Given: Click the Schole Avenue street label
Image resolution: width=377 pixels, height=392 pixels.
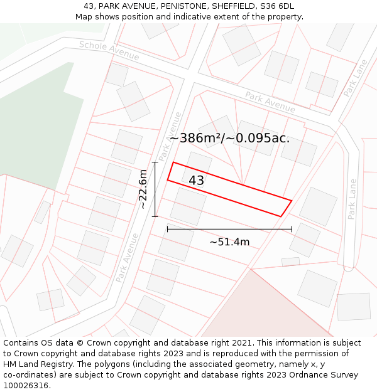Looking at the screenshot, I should pyautogui.click(x=109, y=51).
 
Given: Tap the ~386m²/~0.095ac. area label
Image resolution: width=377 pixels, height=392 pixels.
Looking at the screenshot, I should pyautogui.click(x=229, y=138).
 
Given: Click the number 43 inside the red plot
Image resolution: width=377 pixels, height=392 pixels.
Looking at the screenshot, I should pyautogui.click(x=196, y=181).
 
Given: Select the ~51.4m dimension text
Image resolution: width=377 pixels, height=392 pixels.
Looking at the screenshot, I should pyautogui.click(x=229, y=242).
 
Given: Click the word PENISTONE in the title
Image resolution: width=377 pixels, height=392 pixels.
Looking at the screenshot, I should pyautogui.click(x=182, y=6).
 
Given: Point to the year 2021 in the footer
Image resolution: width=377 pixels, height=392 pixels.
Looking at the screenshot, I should pyautogui.click(x=241, y=343).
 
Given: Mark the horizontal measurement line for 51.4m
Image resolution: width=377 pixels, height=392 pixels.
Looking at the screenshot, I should pyautogui.click(x=229, y=230).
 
